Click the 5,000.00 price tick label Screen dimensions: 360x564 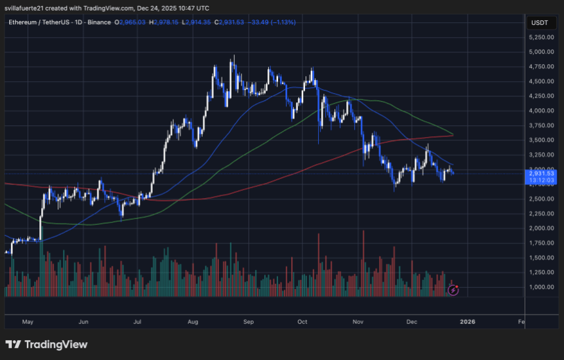click(x=541, y=52)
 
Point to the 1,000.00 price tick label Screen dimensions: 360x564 click(x=541, y=287)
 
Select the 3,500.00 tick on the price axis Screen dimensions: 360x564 click(x=541, y=140)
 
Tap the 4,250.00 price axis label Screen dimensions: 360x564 click(x=541, y=96)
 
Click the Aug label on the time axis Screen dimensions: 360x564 click(x=192, y=322)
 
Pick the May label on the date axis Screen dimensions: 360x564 click(x=27, y=322)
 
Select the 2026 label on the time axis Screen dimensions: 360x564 click(x=468, y=322)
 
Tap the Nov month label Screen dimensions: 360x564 click(x=357, y=322)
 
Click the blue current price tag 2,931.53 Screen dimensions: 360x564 click(x=542, y=173)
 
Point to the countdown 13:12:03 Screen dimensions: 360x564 click(x=542, y=180)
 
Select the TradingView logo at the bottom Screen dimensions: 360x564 click(x=46, y=344)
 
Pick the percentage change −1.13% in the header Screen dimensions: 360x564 click(x=282, y=22)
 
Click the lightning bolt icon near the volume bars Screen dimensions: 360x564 click(x=453, y=289)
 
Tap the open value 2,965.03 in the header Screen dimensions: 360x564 click(x=132, y=22)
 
